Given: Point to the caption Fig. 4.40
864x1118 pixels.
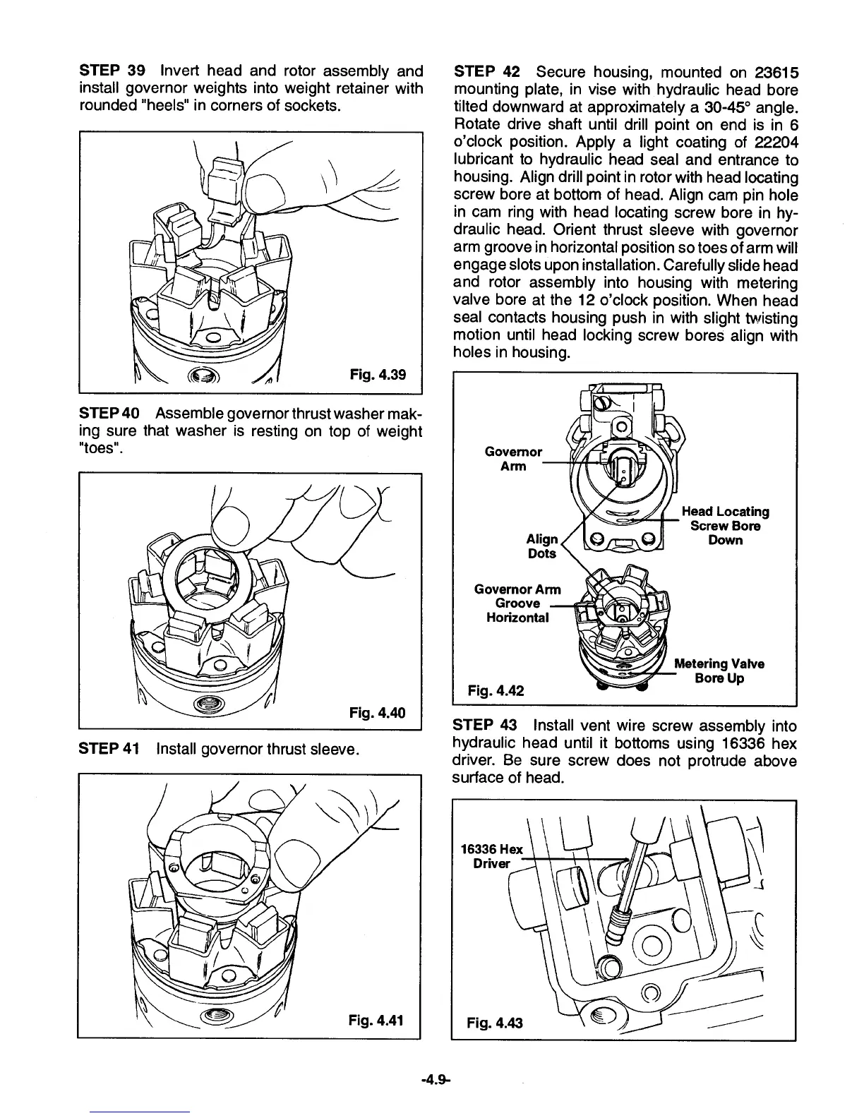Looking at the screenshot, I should [x=378, y=712].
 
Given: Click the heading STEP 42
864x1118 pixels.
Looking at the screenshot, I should [x=487, y=72].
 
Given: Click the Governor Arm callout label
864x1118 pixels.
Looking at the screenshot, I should [x=513, y=459].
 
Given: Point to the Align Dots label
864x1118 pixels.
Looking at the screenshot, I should [x=542, y=546].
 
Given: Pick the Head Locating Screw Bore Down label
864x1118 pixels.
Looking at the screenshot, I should [x=725, y=526].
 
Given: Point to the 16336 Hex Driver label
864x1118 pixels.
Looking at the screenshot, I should [x=491, y=856].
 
